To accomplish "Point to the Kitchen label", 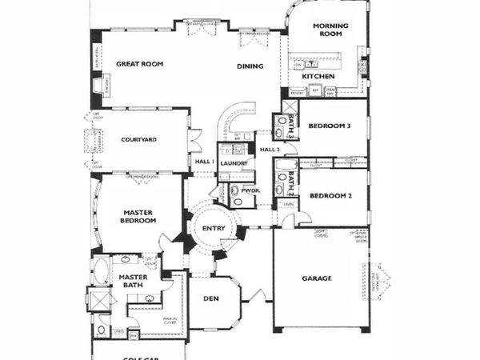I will click(x=318, y=76).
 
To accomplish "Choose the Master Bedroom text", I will click(x=137, y=217).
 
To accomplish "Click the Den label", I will click(x=210, y=299).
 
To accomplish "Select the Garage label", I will click(x=317, y=279).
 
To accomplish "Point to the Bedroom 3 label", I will click(x=330, y=126).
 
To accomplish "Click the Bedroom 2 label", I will click(x=330, y=195).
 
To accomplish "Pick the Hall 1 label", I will click(x=204, y=162).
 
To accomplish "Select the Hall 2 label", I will click(x=268, y=150).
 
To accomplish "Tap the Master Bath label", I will click(x=134, y=282).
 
